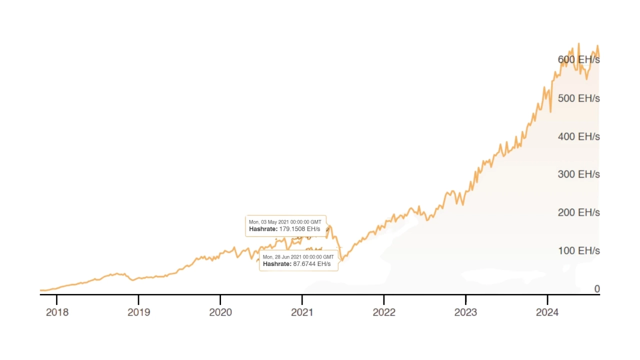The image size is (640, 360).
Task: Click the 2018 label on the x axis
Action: click(57, 312)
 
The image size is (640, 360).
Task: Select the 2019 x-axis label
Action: click(138, 312)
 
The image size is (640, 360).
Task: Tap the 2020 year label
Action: click(220, 312)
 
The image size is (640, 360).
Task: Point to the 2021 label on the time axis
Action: click(302, 312)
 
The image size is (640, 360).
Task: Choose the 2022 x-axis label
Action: click(384, 312)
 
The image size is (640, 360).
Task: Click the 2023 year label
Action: click(465, 312)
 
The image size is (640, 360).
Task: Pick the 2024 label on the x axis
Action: click(547, 312)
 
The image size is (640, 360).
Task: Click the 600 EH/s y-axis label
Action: click(578, 59)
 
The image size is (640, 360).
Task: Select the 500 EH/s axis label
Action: click(578, 98)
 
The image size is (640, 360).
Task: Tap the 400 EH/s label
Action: click(578, 136)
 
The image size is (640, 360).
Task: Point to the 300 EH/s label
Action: click(578, 174)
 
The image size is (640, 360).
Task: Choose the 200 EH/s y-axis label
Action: click(578, 212)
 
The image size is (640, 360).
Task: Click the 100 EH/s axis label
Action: click(578, 250)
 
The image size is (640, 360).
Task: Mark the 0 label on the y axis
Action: click(596, 289)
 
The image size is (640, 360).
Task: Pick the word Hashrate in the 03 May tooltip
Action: click(263, 229)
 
